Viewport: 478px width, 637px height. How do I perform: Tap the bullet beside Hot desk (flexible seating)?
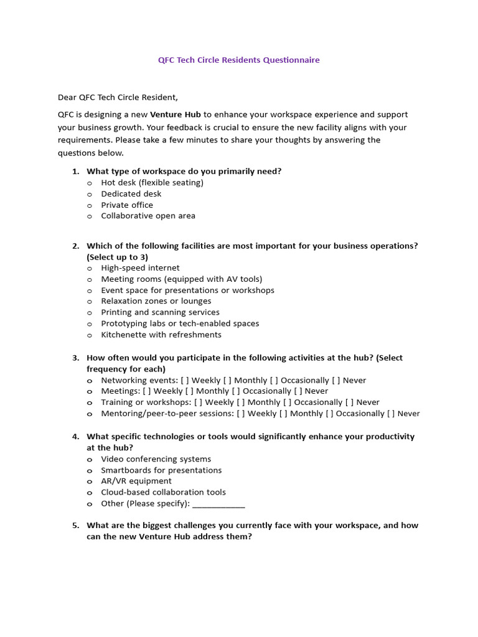click(90, 183)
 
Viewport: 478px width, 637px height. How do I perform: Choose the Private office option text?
click(127, 205)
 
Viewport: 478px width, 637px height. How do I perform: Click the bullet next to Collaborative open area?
click(90, 216)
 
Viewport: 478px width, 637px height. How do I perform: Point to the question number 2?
click(75, 246)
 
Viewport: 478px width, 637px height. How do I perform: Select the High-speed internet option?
click(140, 268)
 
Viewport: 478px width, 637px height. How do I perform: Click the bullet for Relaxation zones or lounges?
click(90, 302)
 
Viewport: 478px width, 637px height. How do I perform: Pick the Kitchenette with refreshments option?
click(161, 335)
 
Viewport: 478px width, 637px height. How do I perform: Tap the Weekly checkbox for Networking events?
click(185, 380)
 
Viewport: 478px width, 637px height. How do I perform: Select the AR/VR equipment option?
click(136, 481)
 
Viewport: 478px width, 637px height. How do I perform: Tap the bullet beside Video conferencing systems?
click(90, 460)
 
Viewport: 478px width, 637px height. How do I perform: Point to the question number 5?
click(75, 526)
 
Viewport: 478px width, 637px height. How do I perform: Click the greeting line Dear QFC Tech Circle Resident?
click(118, 97)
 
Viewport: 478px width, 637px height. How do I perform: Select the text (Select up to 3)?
click(117, 257)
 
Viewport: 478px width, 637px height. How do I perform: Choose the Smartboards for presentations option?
click(161, 470)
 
